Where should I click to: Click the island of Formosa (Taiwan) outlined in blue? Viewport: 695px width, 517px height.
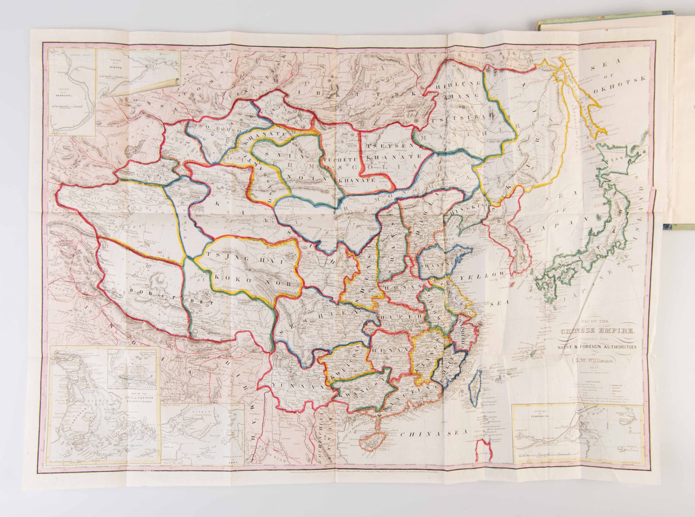coord(475,388)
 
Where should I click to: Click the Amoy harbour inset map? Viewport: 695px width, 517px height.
coord(203,434)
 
